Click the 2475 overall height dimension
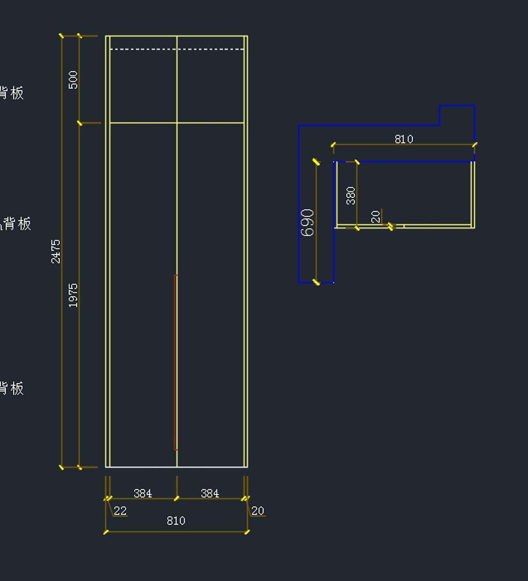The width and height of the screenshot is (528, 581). (55, 251)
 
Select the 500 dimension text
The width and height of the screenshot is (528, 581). (73, 80)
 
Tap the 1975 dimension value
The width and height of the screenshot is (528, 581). (73, 295)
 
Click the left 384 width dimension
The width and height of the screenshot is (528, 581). (143, 494)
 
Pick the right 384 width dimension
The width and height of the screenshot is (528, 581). (209, 494)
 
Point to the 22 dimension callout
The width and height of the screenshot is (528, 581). (120, 511)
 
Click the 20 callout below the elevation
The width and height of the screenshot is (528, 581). (257, 511)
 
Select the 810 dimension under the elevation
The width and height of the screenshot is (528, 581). (176, 521)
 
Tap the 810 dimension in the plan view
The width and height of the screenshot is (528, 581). (403, 139)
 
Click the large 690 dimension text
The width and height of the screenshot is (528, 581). (308, 222)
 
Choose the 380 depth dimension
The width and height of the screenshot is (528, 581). (351, 196)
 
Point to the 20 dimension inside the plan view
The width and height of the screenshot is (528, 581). (375, 217)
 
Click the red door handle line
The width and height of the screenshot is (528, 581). (176, 363)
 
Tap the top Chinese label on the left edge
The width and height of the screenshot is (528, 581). (12, 93)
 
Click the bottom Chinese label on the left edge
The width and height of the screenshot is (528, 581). (12, 389)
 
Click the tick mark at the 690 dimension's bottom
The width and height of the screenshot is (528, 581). (316, 282)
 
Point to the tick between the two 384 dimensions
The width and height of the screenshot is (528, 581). (177, 498)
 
